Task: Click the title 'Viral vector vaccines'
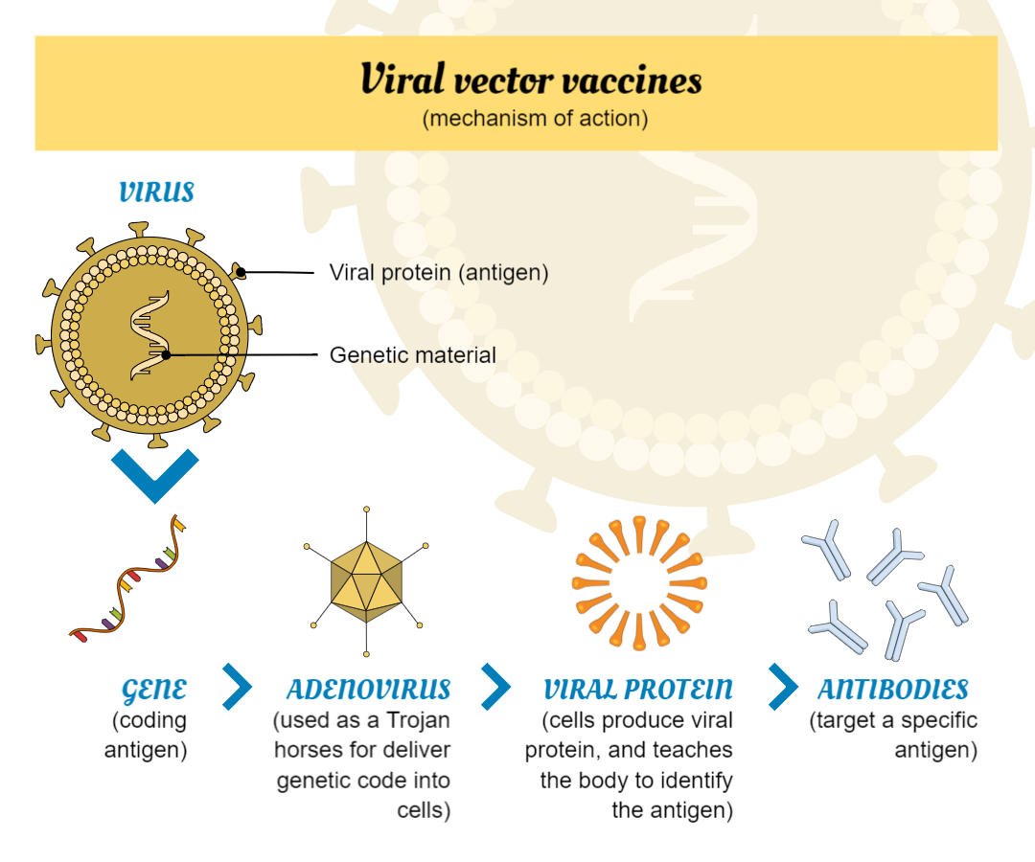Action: click(531, 80)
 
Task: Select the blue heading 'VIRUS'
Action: click(156, 193)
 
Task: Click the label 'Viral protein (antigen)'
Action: click(439, 272)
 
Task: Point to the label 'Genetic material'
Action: click(413, 355)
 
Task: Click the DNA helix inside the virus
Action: click(149, 335)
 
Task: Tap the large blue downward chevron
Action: click(154, 472)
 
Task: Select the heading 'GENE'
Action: click(154, 690)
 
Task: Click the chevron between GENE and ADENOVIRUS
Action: click(236, 686)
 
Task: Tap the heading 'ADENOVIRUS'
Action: click(368, 690)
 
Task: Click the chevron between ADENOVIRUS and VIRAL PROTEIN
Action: click(495, 686)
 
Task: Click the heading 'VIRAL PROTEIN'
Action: click(637, 690)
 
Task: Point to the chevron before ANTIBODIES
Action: click(783, 686)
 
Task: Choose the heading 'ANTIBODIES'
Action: click(892, 690)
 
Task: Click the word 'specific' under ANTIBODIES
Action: click(934, 719)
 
